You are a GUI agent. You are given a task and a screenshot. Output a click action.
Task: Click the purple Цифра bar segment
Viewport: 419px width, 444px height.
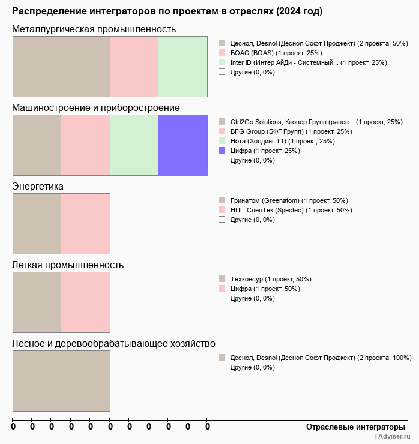point(182,145)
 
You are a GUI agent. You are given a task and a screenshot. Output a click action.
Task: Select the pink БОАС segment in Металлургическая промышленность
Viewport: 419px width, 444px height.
point(134,67)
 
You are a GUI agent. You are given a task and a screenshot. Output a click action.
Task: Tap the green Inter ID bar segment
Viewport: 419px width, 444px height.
point(182,67)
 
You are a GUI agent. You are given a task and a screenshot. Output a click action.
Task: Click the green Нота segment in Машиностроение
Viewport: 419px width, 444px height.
point(134,145)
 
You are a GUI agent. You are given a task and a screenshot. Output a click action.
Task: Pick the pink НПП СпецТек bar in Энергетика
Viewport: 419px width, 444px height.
point(85,224)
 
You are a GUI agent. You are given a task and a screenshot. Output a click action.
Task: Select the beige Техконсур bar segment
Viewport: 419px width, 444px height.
point(37,302)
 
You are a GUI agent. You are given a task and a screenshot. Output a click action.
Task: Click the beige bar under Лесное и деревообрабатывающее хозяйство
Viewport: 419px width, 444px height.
point(61,381)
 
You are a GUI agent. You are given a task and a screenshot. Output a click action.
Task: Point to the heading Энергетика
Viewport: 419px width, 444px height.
point(38,187)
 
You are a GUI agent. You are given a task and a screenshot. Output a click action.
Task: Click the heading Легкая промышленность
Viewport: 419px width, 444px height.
point(68,265)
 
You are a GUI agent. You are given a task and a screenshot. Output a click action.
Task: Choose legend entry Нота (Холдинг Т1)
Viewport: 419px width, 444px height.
point(274,141)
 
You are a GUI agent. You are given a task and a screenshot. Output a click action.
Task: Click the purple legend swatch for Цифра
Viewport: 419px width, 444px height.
point(222,151)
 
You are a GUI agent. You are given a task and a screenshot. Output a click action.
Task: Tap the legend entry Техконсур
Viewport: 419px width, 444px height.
point(271,279)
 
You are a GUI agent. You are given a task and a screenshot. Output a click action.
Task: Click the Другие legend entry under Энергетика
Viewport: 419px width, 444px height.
point(252,220)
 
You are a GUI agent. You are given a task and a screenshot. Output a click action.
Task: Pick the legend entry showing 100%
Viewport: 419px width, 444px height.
point(321,358)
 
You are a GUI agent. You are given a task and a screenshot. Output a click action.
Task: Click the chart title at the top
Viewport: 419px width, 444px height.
point(167,11)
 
